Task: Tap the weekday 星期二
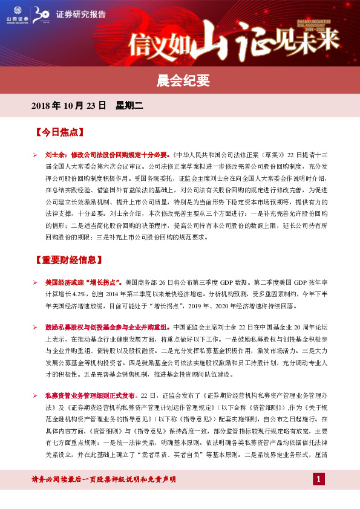(128, 106)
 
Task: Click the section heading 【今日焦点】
(59, 131)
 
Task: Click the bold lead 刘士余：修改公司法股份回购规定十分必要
(108, 154)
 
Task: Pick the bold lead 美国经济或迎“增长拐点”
(83, 282)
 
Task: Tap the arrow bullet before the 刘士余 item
(36, 154)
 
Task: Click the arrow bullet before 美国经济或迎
(36, 282)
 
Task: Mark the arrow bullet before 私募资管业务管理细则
(36, 394)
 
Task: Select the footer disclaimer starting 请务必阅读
(103, 479)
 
